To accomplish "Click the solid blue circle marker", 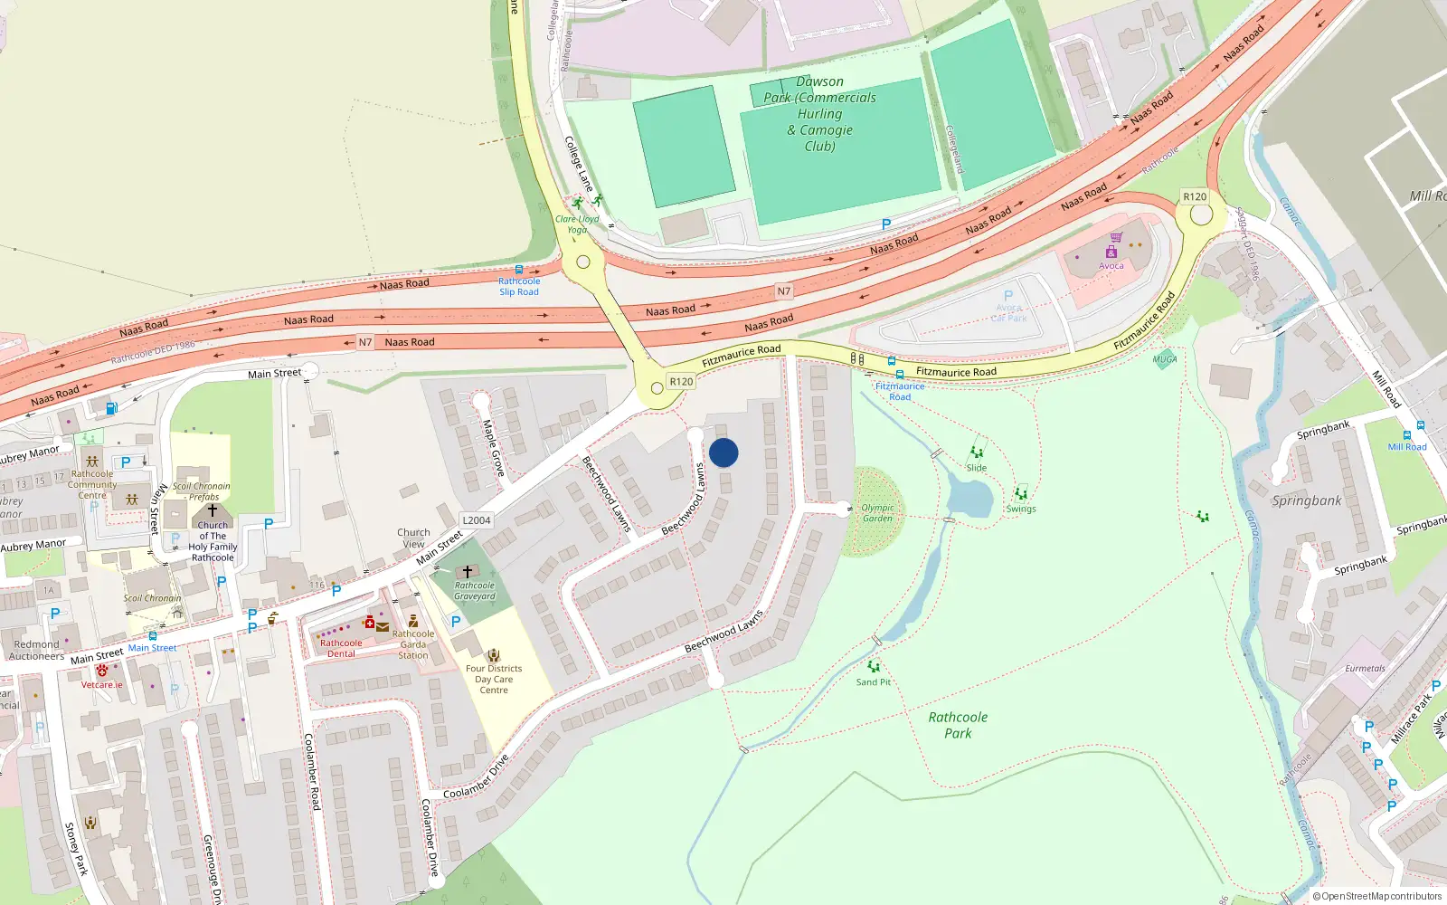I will click(x=723, y=452).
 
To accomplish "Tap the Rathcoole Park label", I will click(x=958, y=725).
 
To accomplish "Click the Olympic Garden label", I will click(x=877, y=513).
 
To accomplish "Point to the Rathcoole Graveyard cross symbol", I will click(x=468, y=572).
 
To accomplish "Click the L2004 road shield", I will click(x=477, y=520).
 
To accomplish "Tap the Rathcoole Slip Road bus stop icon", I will click(x=519, y=269).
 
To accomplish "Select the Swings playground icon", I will click(x=1021, y=494).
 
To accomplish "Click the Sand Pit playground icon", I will click(x=874, y=668).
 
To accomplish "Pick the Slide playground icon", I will click(x=977, y=452).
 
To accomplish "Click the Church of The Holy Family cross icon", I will click(x=213, y=510).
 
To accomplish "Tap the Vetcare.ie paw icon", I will click(x=102, y=671).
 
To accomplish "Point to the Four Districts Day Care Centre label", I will click(x=494, y=680).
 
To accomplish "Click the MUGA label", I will click(x=1165, y=359).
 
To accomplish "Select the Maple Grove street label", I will click(x=493, y=448).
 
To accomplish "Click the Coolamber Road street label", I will click(x=312, y=771).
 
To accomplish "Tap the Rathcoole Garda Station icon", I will click(x=413, y=621).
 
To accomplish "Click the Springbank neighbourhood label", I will click(x=1307, y=500).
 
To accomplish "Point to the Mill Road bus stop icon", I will click(x=1420, y=425).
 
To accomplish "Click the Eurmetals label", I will click(x=1365, y=669).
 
